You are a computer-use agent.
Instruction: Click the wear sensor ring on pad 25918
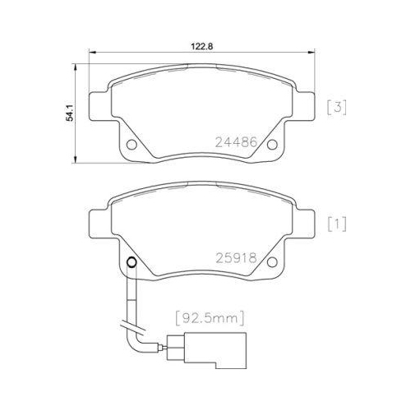[130, 264]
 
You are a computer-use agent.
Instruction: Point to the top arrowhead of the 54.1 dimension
[76, 62]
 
